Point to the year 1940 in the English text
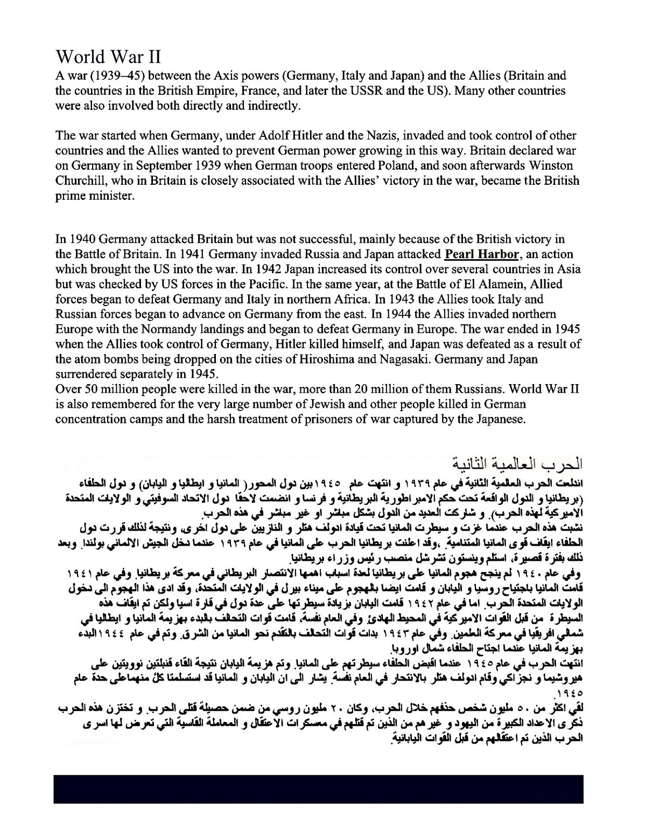point(81,239)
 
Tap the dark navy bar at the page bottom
point(318,789)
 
